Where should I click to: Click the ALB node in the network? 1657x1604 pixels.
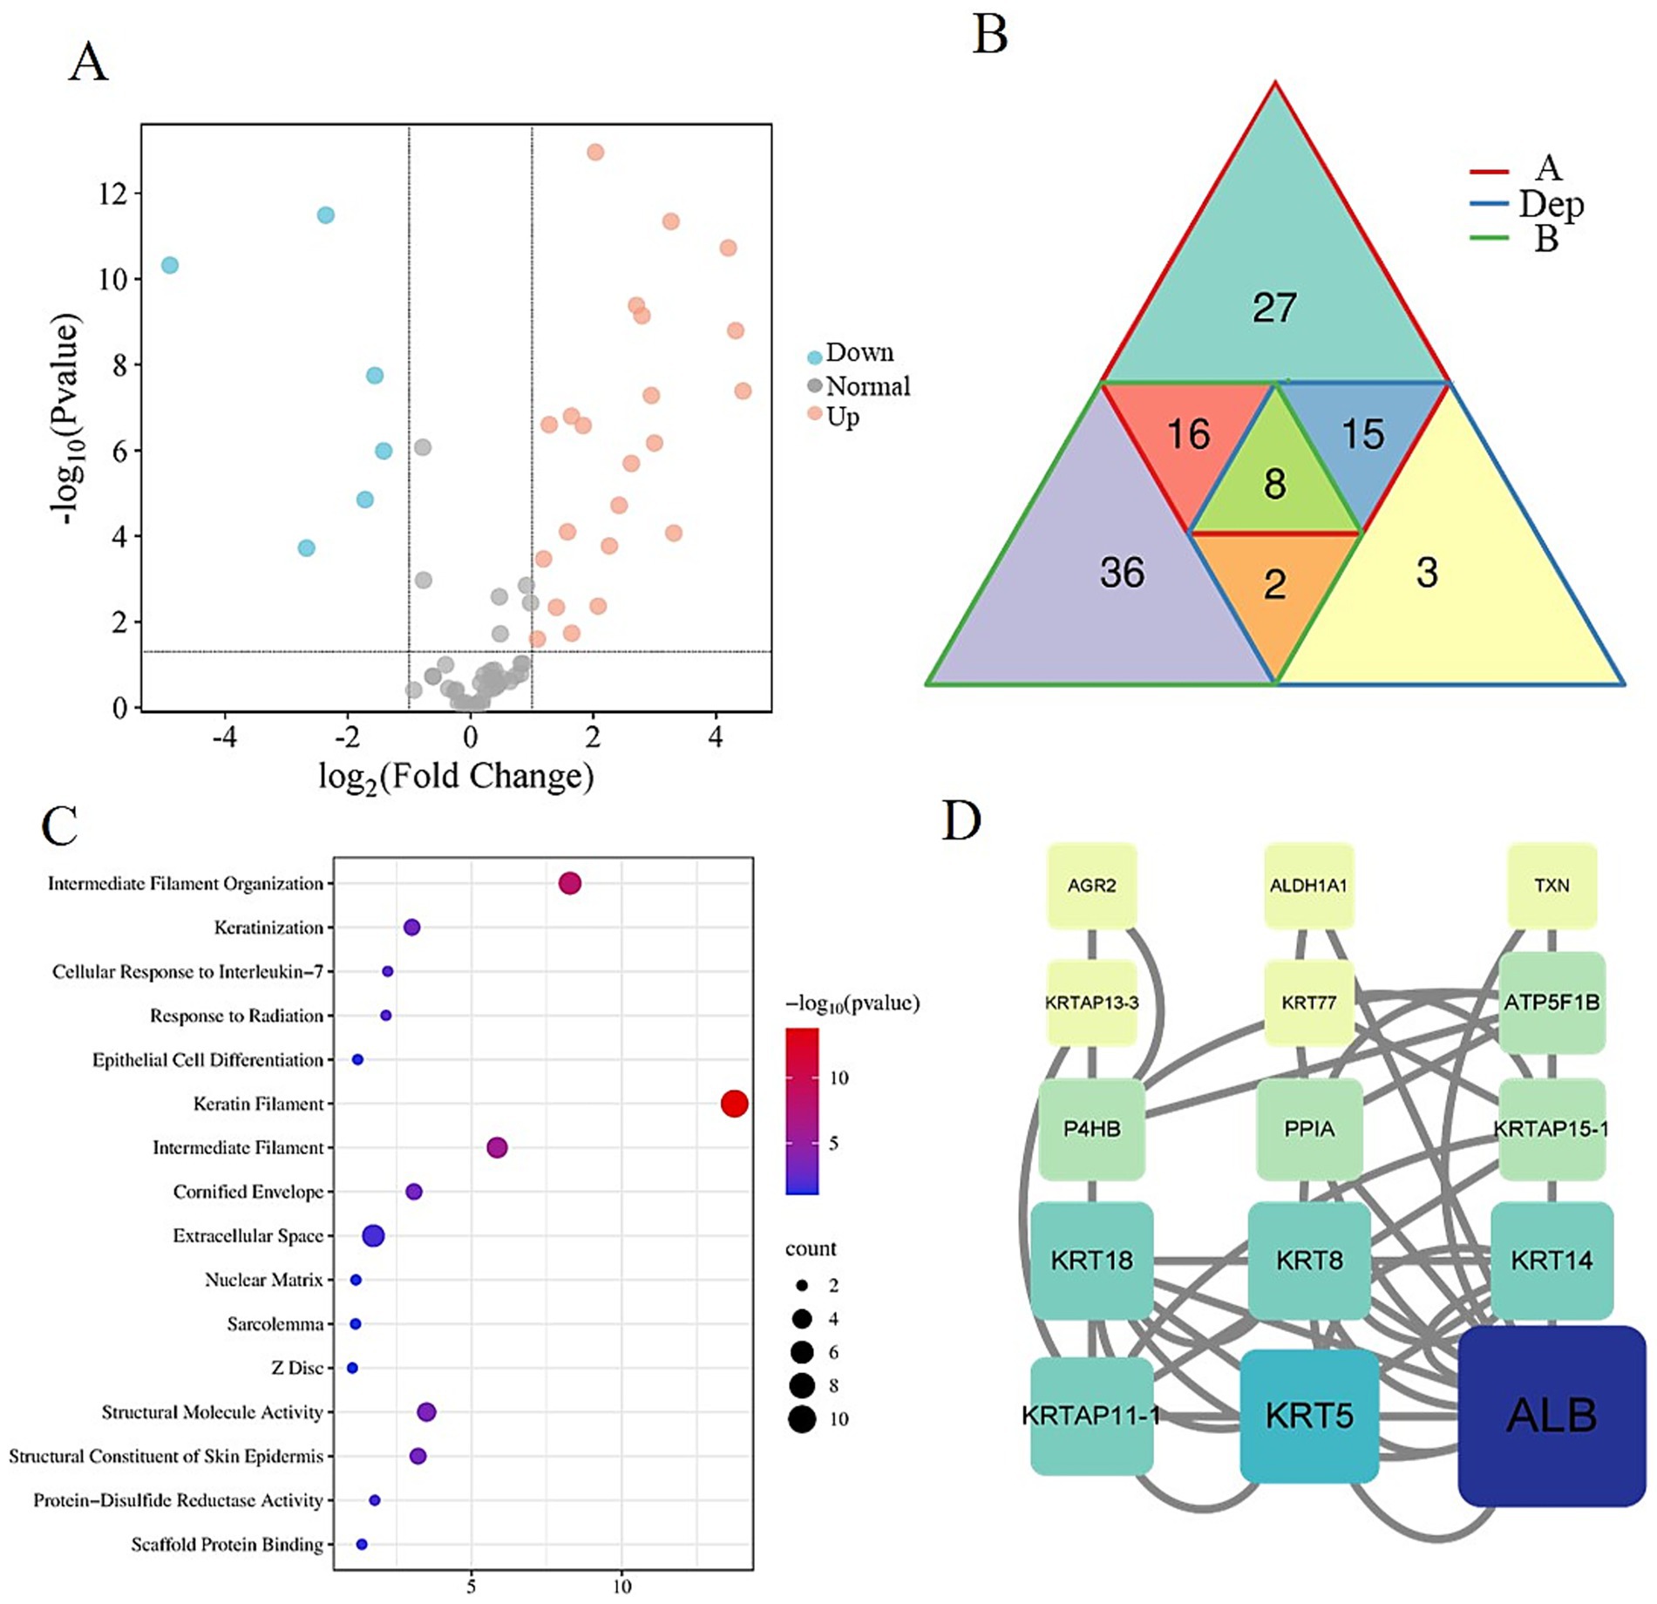[x=1552, y=1416]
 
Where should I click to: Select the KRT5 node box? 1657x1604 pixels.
[x=1309, y=1416]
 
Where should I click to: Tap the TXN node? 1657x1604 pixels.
[x=1552, y=886]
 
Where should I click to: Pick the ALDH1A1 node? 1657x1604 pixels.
[x=1308, y=886]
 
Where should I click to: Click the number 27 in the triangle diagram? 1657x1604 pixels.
[x=1274, y=308]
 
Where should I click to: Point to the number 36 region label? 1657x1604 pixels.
[x=1122, y=573]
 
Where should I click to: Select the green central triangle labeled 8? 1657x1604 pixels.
[x=1274, y=484]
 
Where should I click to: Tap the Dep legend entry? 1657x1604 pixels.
[x=1551, y=204]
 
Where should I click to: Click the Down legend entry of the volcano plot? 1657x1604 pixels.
[x=859, y=353]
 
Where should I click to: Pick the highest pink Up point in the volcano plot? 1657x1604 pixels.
[x=595, y=153]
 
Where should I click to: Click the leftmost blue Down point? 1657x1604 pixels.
[x=170, y=265]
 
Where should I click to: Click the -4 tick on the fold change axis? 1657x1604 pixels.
[x=224, y=738]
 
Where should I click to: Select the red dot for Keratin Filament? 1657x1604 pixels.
[x=734, y=1104]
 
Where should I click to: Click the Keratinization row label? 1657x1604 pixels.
[x=268, y=928]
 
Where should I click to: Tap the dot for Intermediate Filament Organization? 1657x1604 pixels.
[x=569, y=883]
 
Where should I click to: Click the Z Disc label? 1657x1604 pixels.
[x=296, y=1368]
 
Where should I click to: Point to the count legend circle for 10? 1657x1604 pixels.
[x=802, y=1418]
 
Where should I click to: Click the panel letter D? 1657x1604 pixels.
[x=961, y=821]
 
